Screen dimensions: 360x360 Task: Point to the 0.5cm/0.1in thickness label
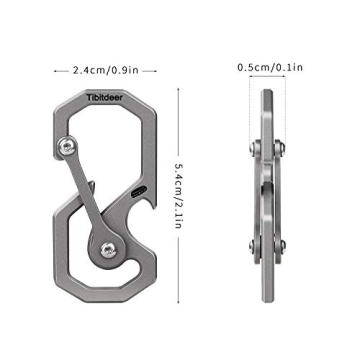coord(271,69)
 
